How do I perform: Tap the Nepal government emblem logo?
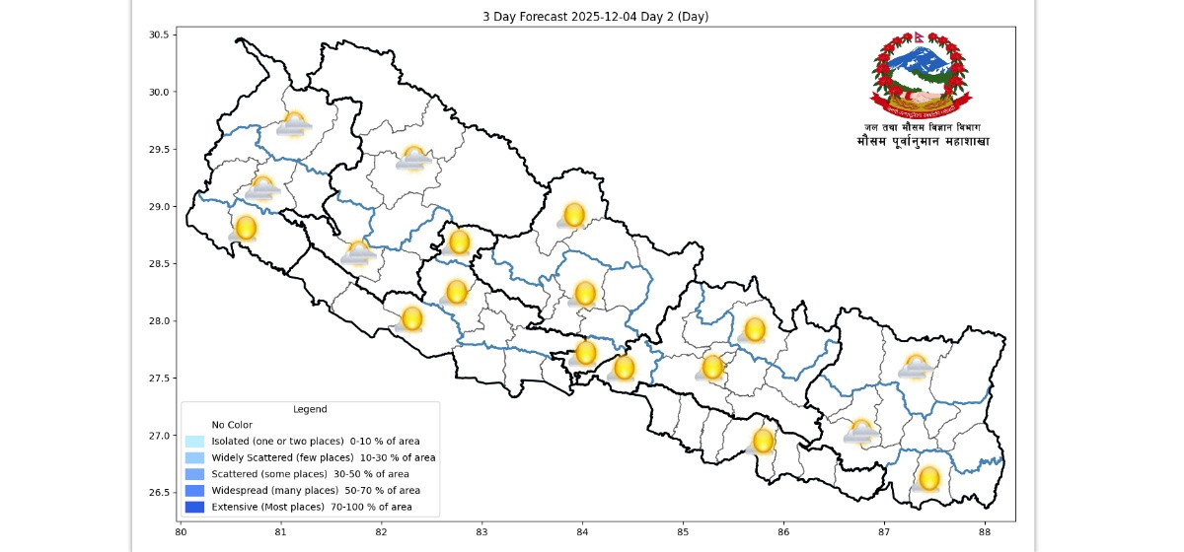[921, 74]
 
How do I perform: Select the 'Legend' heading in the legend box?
[310, 409]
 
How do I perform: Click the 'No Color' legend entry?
[232, 425]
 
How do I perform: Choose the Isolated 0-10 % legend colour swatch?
[193, 441]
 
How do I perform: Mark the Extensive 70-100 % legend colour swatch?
[193, 507]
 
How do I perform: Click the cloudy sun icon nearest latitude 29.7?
[294, 124]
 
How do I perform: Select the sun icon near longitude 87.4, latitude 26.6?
[928, 479]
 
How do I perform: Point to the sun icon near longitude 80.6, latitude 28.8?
[245, 229]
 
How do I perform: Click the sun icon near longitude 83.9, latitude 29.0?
[573, 215]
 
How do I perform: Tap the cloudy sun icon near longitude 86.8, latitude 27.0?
[861, 432]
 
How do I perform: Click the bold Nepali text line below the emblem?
[923, 142]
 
